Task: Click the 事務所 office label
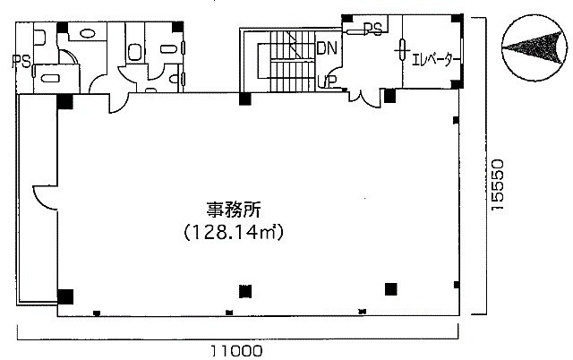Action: [234, 210]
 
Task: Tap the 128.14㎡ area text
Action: [234, 232]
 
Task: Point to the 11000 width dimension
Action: [236, 351]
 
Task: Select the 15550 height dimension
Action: [498, 184]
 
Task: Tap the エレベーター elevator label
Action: [432, 60]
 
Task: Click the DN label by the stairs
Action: [327, 47]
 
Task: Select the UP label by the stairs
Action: [327, 81]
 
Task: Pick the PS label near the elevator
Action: [372, 29]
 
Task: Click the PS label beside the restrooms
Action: [21, 61]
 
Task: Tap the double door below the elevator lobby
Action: [365, 98]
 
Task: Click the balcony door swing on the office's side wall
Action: [45, 198]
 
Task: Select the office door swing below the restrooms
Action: [118, 103]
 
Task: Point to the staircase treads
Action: [293, 61]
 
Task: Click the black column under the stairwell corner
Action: [244, 99]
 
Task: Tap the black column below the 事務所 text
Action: [245, 291]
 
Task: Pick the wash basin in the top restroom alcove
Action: [88, 34]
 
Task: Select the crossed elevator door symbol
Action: [402, 49]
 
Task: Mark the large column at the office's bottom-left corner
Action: [65, 296]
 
